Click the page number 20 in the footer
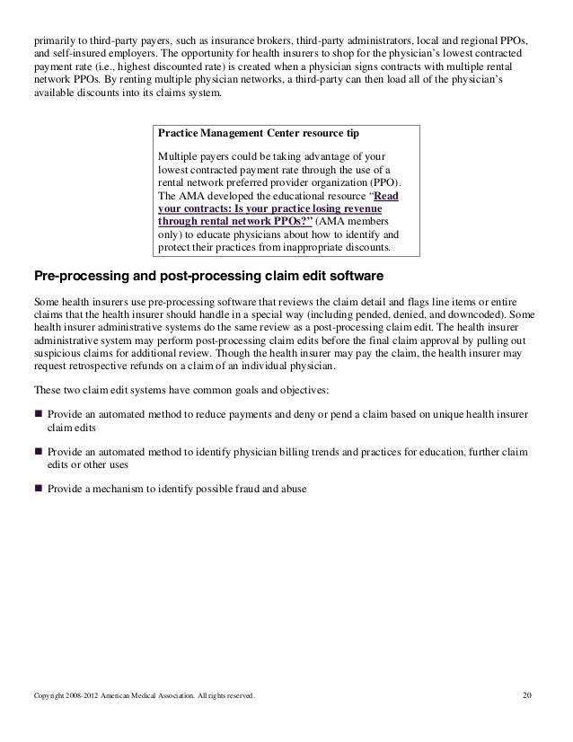tap(527, 695)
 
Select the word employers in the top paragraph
tap(126, 55)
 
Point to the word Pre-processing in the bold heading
tap(78, 273)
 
